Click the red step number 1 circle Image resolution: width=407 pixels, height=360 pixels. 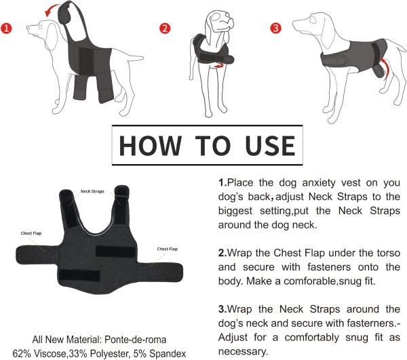(9, 29)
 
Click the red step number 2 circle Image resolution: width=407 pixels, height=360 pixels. (164, 28)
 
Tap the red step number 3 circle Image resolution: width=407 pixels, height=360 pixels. (275, 28)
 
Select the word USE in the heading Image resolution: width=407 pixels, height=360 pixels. (264, 146)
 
